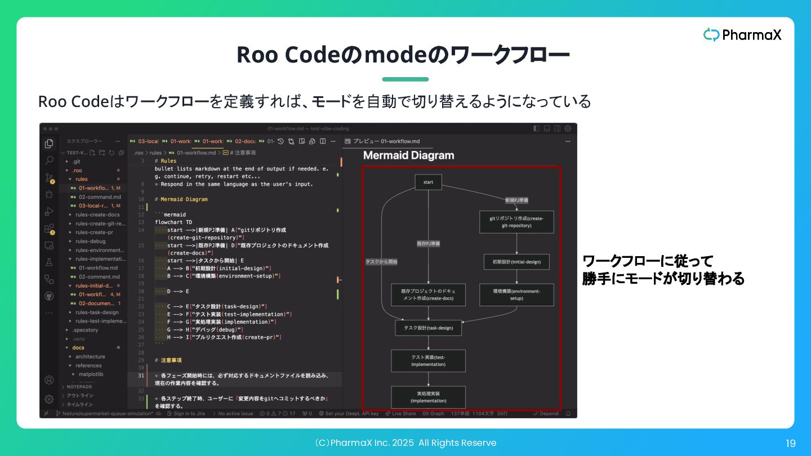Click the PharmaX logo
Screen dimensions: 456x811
742,35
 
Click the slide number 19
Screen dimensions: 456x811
791,444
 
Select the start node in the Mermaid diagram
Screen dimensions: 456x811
428,182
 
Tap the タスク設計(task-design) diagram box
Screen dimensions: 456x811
428,328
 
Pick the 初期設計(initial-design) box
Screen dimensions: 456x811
516,262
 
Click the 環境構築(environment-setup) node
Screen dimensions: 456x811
516,294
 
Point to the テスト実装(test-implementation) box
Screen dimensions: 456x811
428,360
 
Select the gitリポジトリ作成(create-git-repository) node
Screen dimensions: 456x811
516,222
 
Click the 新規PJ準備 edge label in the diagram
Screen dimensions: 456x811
516,200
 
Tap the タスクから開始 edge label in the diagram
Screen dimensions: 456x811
381,262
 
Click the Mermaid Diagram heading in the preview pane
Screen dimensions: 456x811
408,155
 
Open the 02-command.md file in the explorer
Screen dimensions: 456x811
99,197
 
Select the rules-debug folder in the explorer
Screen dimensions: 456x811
90,241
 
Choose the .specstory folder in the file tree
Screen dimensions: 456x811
85,330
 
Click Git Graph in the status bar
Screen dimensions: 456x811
433,414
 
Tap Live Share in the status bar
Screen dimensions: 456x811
403,414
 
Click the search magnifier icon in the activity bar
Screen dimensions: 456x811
49,160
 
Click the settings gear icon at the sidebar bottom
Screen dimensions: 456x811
49,399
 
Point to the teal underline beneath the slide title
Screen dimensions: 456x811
405,79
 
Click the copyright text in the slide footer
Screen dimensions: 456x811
405,443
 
